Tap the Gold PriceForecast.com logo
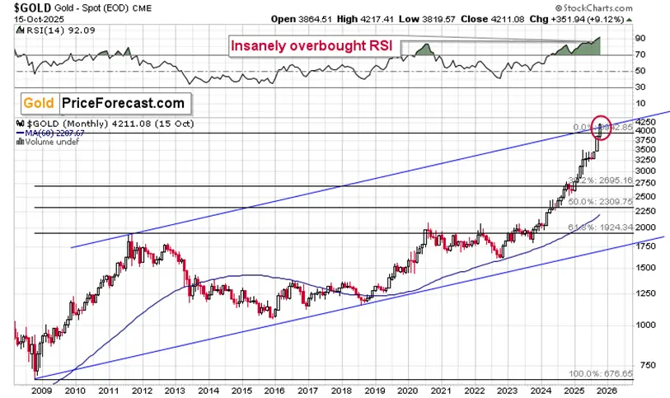tap(104, 103)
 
